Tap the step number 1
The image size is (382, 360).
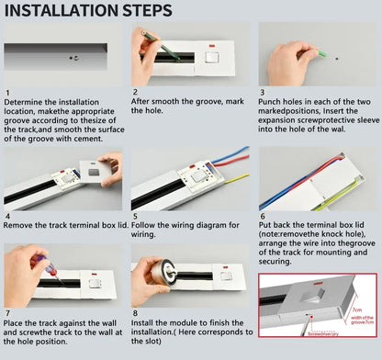(x=7, y=93)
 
